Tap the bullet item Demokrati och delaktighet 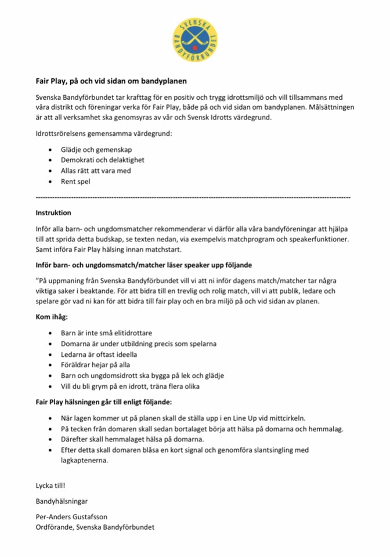[102, 160]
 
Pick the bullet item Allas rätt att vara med [96, 171]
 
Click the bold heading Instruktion [53, 212]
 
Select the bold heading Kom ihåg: [52, 318]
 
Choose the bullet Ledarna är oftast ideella [99, 354]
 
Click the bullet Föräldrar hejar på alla [95, 365]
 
